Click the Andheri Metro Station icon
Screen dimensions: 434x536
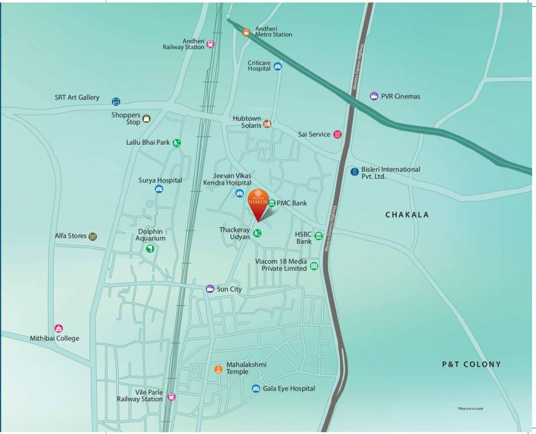(246, 32)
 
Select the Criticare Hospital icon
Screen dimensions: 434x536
(277, 66)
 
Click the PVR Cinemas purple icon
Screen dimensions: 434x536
(374, 96)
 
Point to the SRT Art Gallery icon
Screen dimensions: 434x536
(116, 101)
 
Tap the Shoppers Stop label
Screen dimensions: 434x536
(126, 119)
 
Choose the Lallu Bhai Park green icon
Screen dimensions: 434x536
(177, 143)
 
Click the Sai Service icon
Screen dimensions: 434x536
(337, 134)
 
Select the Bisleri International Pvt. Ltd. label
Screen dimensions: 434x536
(391, 173)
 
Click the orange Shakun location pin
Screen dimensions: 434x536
(258, 204)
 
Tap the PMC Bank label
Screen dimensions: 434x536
(291, 203)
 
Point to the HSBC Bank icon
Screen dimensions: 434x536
(319, 236)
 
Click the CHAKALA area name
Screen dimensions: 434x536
(407, 215)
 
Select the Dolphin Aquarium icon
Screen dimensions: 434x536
(150, 249)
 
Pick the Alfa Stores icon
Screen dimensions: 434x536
(93, 236)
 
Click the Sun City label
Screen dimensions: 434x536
(229, 289)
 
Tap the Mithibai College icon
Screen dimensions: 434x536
(58, 328)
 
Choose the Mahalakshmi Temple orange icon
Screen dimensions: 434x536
(218, 369)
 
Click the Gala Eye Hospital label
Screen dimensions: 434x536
(289, 389)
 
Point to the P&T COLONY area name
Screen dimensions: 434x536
(471, 364)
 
